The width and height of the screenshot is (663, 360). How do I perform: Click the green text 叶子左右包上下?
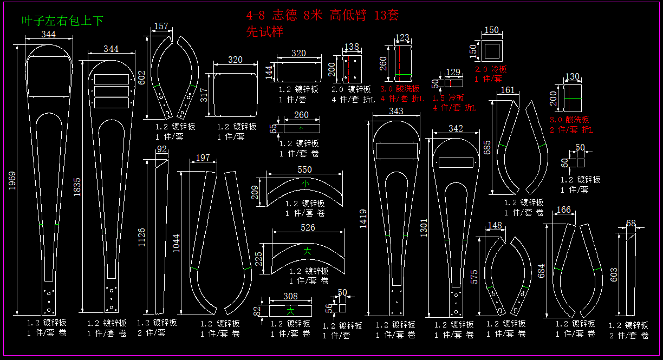point(62,21)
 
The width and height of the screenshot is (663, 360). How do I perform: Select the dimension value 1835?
point(77,187)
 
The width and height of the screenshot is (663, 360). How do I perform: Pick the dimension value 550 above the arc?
point(304,169)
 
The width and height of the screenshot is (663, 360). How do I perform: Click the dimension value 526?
point(308,228)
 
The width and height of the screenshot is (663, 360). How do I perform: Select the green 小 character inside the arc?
point(305,184)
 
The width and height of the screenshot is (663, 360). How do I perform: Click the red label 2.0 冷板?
point(491,69)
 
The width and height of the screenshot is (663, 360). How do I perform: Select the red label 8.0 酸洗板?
point(569,120)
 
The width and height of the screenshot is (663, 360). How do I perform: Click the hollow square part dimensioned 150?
point(492,51)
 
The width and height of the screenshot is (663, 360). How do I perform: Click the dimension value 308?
point(290,296)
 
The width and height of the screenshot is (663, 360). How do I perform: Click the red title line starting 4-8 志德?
point(322,15)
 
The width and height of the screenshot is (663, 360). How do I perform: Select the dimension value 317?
point(204,95)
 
